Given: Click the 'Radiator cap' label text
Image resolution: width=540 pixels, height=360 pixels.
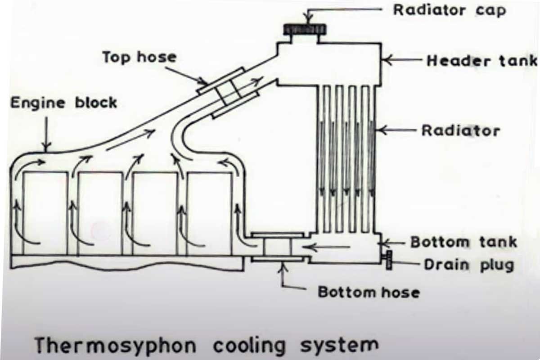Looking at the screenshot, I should coord(450,9).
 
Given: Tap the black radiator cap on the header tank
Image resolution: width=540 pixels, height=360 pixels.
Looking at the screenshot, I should coord(305,30).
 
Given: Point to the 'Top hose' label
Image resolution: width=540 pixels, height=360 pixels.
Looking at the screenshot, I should coord(139,58).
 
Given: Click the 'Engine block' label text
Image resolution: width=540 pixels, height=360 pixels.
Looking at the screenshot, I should coord(63,103).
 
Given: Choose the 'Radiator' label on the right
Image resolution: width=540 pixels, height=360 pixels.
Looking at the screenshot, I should coord(460,130).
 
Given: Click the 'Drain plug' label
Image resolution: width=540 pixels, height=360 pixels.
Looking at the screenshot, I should coord(468,264).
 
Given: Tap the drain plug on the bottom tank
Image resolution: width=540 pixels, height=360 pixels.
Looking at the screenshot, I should coord(388,261).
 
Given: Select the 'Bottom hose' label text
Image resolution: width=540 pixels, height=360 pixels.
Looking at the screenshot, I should coord(369,292).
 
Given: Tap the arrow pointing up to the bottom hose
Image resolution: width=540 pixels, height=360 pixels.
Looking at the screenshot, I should coord(283,274).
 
